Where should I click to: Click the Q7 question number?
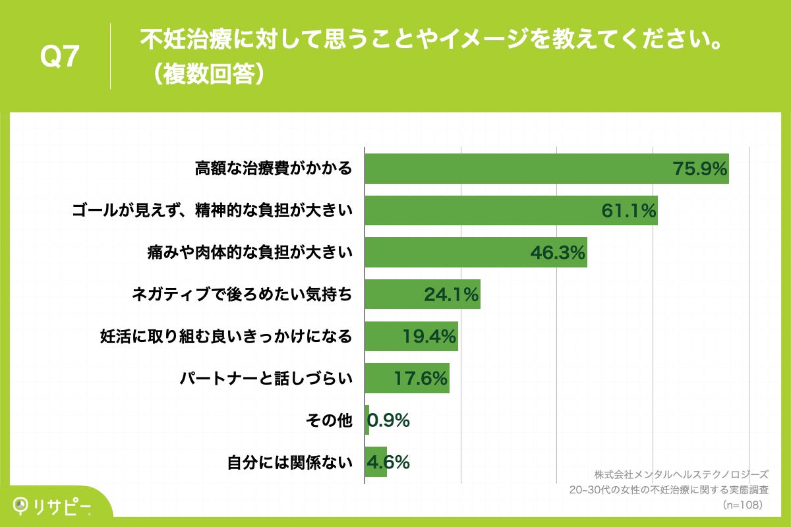[x=60, y=58]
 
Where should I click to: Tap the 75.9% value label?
[x=700, y=169]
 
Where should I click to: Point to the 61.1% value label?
[x=629, y=211]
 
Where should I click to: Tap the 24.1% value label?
[x=452, y=295]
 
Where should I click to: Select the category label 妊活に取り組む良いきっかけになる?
[x=225, y=337]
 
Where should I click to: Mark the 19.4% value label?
[x=430, y=337]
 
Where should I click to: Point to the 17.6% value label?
[x=421, y=379]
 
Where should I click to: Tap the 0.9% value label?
[x=389, y=420]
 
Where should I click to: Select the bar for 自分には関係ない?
[x=376, y=462]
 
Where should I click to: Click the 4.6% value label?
[x=389, y=462]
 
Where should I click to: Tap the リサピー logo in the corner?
[x=53, y=506]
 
